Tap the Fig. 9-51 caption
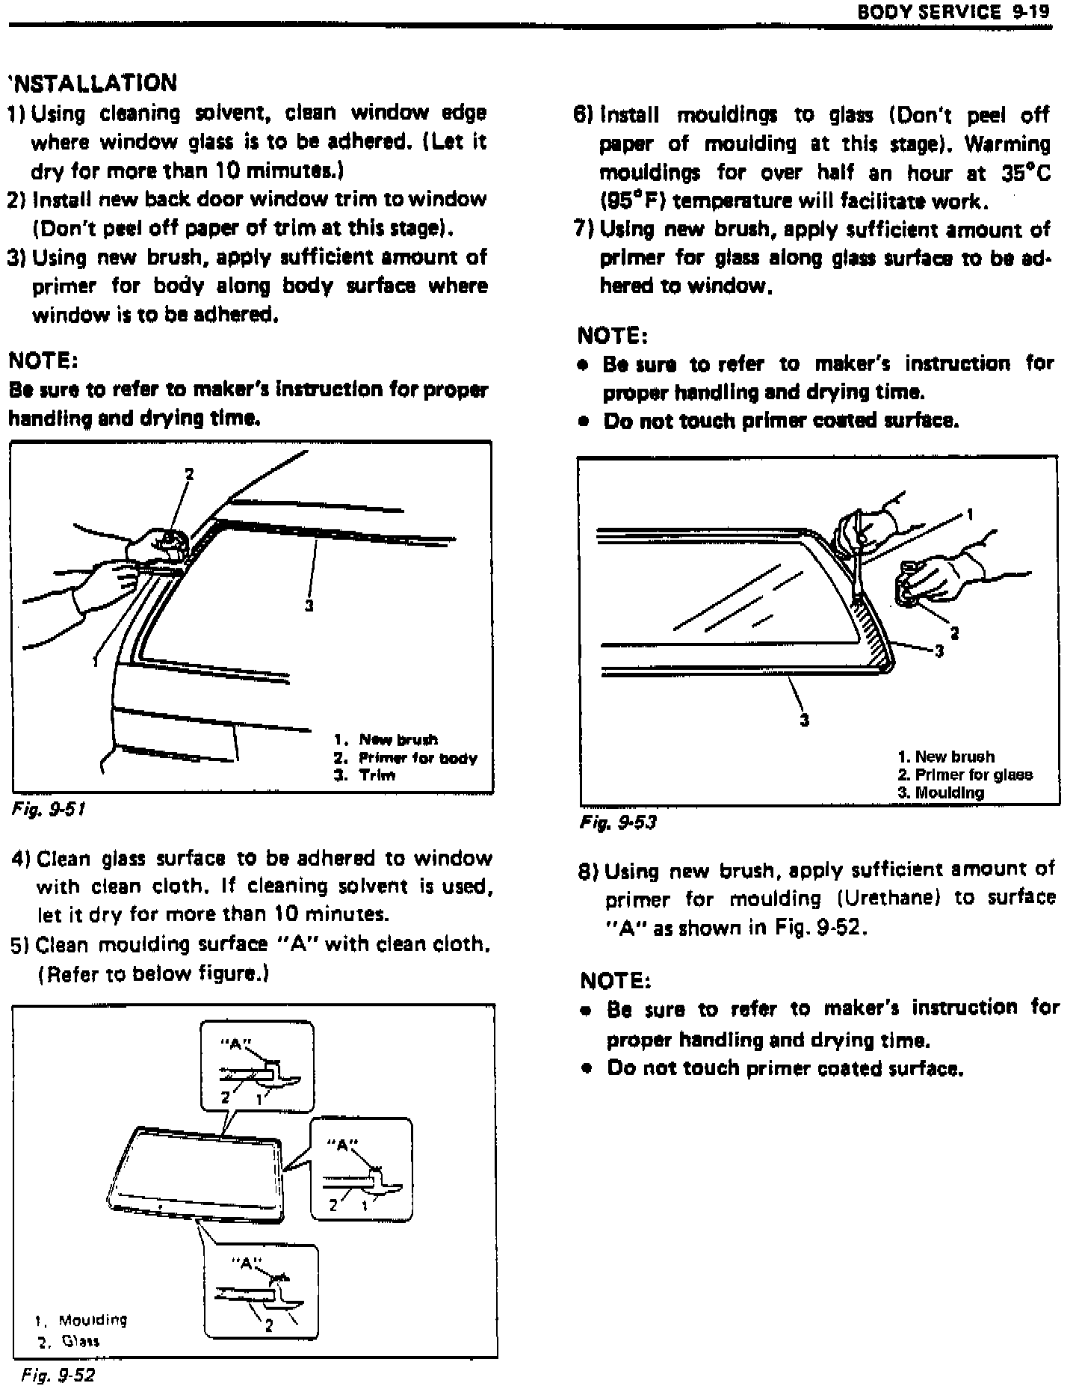(49, 809)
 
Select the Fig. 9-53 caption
(618, 822)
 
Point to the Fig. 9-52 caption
(58, 1376)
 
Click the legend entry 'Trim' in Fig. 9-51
(377, 775)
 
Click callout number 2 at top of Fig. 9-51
(189, 474)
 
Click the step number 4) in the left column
(21, 859)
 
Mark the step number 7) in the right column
(583, 229)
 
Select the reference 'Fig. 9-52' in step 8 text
(820, 928)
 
